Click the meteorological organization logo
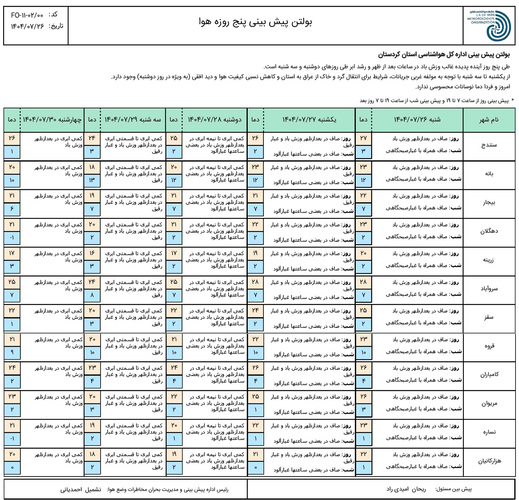(x=489, y=25)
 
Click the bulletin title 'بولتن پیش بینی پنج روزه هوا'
(x=255, y=22)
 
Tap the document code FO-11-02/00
(x=27, y=15)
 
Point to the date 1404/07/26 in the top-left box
(x=27, y=26)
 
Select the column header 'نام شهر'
(x=489, y=120)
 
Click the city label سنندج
(x=489, y=145)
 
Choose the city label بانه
(x=489, y=174)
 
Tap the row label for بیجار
(x=489, y=202)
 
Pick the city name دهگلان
(x=489, y=231)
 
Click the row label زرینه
(x=489, y=260)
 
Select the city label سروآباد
(x=489, y=288)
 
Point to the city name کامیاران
(x=489, y=374)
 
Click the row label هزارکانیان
(x=489, y=461)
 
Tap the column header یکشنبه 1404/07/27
(x=309, y=120)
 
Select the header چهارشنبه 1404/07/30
(x=52, y=120)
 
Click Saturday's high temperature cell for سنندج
(x=363, y=138)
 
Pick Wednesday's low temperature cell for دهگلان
(x=12, y=237)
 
